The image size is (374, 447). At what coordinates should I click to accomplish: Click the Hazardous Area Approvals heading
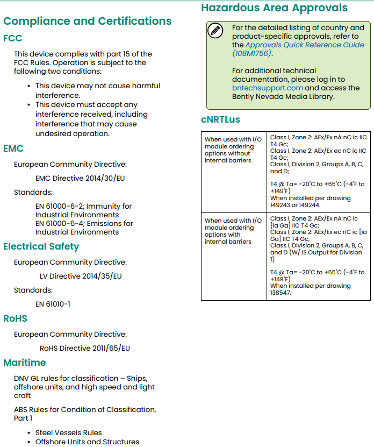[274, 8]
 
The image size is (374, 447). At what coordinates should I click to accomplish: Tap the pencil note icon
[215, 31]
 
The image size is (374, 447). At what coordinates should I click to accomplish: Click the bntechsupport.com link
[268, 88]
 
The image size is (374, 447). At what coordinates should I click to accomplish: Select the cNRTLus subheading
[220, 119]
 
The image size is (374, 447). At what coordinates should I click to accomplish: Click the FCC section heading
[13, 38]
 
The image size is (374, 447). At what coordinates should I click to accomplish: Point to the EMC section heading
[13, 148]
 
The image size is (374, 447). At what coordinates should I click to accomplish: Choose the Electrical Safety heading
[41, 246]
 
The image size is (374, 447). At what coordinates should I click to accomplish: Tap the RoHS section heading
[15, 318]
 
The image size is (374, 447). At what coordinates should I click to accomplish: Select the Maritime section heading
[25, 363]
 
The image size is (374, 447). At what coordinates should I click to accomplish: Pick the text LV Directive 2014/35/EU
[81, 276]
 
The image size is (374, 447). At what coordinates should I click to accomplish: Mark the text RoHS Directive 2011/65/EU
[85, 348]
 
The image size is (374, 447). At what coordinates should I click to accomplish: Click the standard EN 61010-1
[53, 304]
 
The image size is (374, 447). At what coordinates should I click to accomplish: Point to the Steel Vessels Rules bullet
[68, 432]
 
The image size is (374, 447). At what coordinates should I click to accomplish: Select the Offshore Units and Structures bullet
[87, 442]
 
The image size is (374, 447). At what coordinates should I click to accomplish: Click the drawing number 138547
[281, 293]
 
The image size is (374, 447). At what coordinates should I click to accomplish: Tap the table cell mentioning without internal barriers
[233, 150]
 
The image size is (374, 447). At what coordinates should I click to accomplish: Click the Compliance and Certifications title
[88, 22]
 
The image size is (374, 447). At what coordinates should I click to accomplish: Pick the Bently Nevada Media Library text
[283, 97]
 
